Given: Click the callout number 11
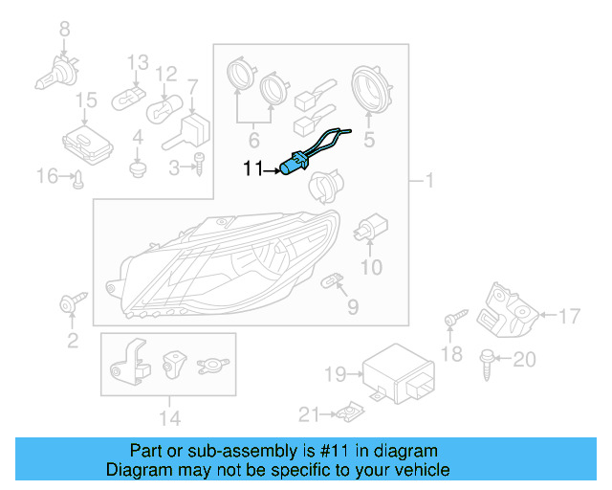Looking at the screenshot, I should click(x=251, y=169).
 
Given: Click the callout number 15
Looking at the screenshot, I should click(x=86, y=100).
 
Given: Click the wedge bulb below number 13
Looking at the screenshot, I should click(x=126, y=97).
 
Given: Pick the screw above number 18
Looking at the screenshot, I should click(x=453, y=319).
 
